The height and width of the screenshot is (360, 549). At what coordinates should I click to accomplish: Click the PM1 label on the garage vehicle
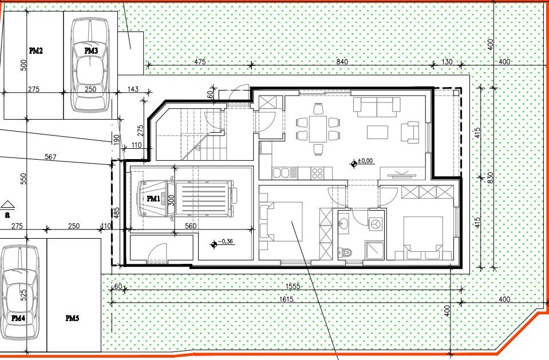(x=153, y=199)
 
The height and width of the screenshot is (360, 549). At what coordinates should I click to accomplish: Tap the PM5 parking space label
(x=72, y=318)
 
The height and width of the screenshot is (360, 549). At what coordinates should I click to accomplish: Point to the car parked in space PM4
(x=19, y=292)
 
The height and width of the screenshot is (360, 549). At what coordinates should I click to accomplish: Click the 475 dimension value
(x=200, y=61)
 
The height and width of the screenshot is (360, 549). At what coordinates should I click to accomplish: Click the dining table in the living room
(x=318, y=129)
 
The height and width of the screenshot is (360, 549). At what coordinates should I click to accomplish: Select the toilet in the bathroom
(x=344, y=251)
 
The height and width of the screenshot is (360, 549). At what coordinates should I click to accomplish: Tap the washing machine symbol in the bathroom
(x=375, y=224)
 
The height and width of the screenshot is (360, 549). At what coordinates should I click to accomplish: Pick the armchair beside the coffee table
(x=410, y=130)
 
